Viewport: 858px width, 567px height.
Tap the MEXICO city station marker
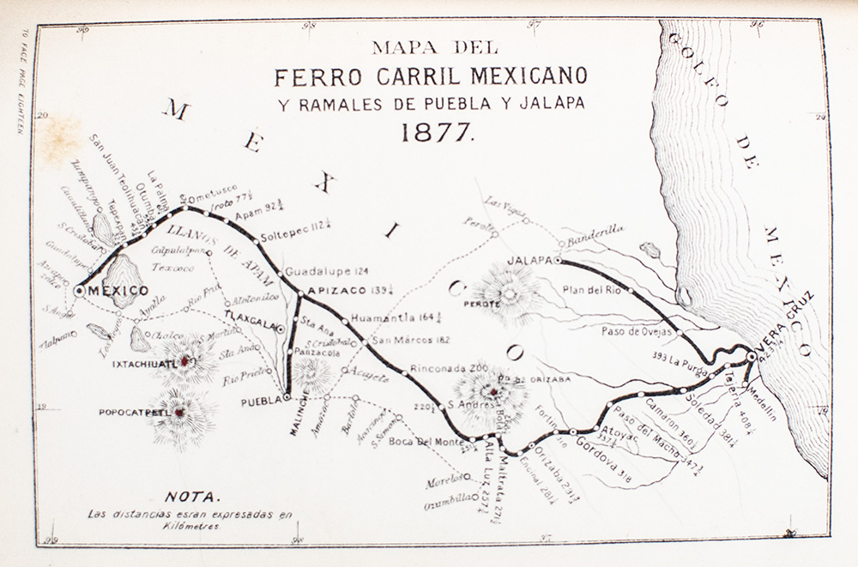pyautogui.click(x=80, y=291)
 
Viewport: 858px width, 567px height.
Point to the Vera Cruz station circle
pyautogui.click(x=752, y=356)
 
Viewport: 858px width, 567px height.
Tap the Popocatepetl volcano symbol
pyautogui.click(x=180, y=414)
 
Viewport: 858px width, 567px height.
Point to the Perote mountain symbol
pyautogui.click(x=509, y=293)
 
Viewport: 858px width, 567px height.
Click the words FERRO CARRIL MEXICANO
pyautogui.click(x=432, y=76)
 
